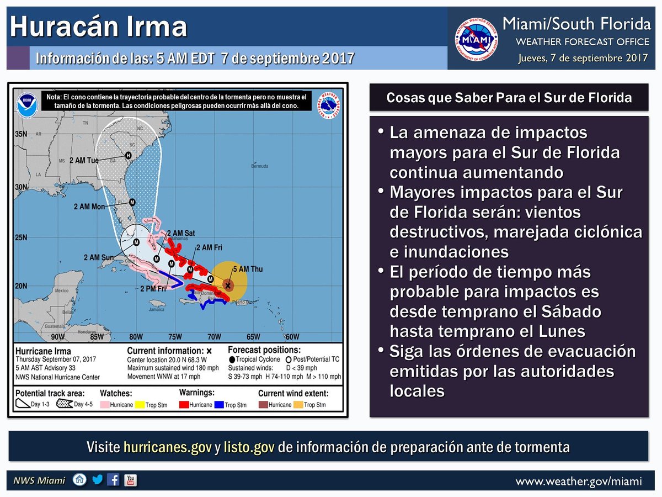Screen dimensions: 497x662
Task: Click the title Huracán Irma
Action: point(98,27)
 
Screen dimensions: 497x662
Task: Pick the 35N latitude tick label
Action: point(22,134)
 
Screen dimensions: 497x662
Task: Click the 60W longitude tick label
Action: point(292,337)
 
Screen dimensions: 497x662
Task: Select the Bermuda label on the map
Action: point(259,166)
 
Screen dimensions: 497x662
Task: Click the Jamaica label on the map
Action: point(157,309)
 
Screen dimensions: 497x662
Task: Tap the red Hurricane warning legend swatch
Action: point(184,404)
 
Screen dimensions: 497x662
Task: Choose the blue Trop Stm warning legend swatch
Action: point(218,404)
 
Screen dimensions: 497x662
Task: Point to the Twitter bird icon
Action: point(98,480)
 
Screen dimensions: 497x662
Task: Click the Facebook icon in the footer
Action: point(114,480)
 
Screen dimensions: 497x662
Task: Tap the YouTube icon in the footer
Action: point(131,480)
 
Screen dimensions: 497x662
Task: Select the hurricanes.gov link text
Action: point(168,447)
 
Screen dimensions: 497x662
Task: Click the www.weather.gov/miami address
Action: point(579,482)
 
